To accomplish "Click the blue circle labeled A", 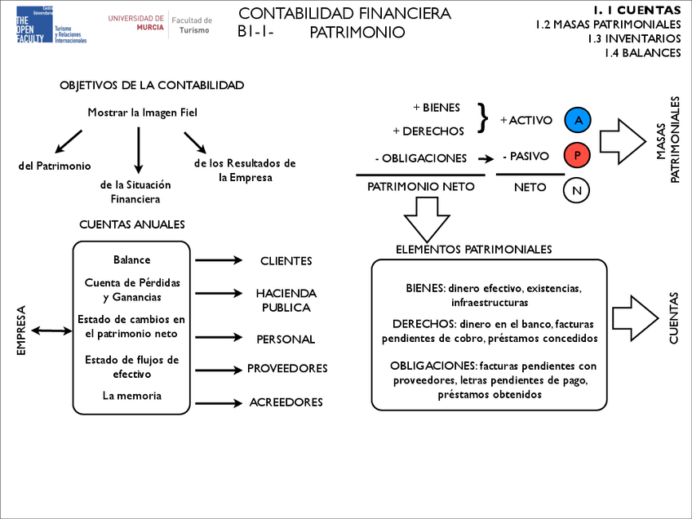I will point(578,120).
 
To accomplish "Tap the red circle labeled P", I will point(578,155).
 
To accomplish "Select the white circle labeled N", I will point(577,189).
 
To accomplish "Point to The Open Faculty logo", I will point(51,24).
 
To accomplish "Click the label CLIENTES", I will point(286,261).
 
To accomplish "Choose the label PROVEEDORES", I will point(287,369).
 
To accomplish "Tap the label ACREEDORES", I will point(286,402).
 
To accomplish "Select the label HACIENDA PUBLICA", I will point(286,300).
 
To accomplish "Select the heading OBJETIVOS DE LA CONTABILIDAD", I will point(152,86).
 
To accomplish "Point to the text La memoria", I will point(131,396).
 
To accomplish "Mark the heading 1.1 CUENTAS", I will point(637,10).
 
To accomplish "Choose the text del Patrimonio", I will point(55,166).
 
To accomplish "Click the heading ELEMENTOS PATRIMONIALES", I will point(473,249).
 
